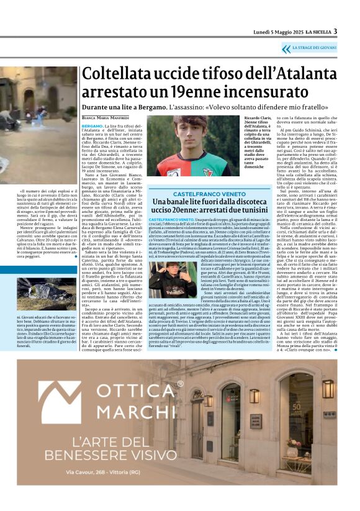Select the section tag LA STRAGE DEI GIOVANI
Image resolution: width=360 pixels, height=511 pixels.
315,48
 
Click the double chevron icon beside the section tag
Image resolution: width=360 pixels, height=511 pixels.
286,48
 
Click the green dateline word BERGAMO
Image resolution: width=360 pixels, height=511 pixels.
93,125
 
